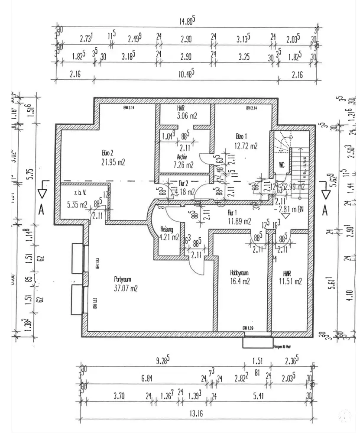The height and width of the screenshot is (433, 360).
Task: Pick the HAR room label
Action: coord(181,108)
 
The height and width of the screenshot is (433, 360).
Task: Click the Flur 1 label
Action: coord(234,213)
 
